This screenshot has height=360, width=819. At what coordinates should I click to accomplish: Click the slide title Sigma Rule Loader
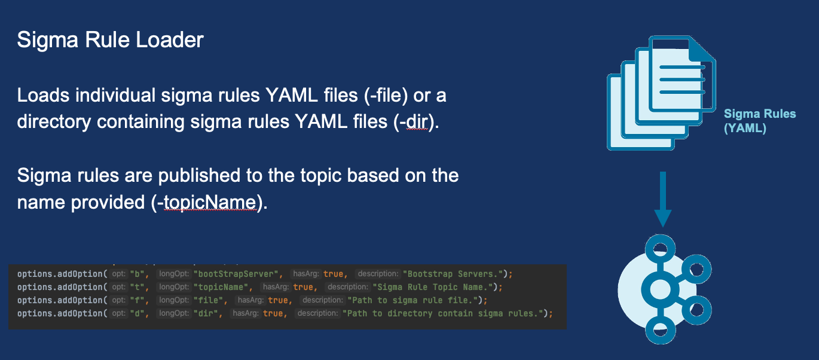click(110, 40)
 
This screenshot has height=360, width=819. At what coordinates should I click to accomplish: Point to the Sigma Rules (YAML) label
click(759, 120)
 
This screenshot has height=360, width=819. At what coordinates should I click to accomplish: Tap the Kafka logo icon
click(662, 291)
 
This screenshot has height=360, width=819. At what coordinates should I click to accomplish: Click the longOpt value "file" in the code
click(209, 300)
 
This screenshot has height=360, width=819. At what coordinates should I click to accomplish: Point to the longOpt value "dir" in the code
click(207, 313)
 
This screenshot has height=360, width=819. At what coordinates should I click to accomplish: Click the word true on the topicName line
click(302, 287)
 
